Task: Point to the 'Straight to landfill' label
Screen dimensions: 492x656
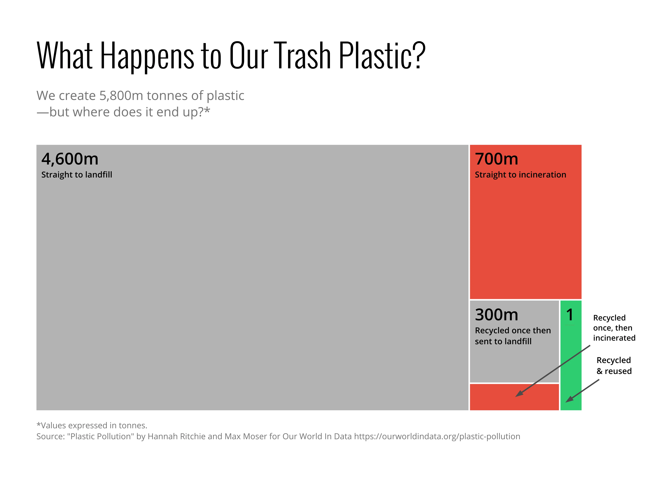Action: click(77, 175)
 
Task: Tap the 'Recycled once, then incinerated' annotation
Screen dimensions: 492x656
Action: click(614, 328)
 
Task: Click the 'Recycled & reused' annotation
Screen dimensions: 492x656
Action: click(614, 365)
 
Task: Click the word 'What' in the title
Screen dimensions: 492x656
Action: click(65, 56)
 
